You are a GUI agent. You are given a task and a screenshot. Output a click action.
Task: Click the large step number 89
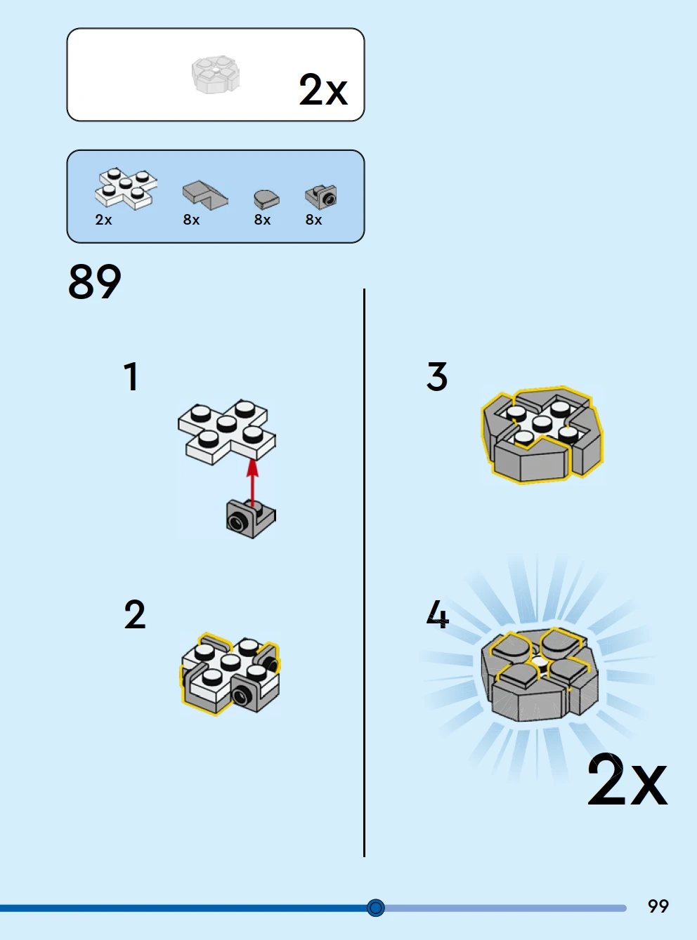coord(95,282)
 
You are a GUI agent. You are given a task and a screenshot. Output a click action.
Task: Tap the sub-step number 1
coord(131,376)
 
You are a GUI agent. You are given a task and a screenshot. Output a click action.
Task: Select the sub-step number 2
coord(135,614)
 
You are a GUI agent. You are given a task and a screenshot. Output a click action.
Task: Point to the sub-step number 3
coord(437,376)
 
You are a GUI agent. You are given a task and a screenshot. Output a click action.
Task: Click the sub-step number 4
coord(437,614)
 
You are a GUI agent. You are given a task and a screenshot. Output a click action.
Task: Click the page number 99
coord(658,906)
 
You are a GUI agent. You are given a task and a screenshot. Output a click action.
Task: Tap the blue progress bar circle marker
coord(375,908)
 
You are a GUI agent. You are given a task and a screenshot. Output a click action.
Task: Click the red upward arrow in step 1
coord(253,483)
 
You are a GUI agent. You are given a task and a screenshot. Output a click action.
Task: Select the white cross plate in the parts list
coord(126,189)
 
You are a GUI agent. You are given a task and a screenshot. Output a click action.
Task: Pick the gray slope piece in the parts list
coord(205,195)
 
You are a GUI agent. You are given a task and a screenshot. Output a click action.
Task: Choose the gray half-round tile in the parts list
coord(266,199)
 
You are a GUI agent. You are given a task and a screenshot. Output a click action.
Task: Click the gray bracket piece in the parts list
coord(320,197)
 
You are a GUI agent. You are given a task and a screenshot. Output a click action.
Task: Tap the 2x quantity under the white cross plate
coord(103,220)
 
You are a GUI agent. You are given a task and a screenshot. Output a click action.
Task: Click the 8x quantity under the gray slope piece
coord(191,220)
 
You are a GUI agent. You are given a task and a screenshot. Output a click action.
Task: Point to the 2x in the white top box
coord(323,89)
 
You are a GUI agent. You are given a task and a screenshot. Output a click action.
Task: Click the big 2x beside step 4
coord(627,780)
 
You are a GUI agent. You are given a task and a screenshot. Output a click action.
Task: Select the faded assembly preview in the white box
coord(216,75)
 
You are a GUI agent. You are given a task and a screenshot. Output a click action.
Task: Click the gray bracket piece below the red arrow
coord(251,519)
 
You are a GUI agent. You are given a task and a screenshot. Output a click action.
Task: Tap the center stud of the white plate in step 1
coord(226,423)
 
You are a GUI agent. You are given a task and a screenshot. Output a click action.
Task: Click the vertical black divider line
coord(364,573)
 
